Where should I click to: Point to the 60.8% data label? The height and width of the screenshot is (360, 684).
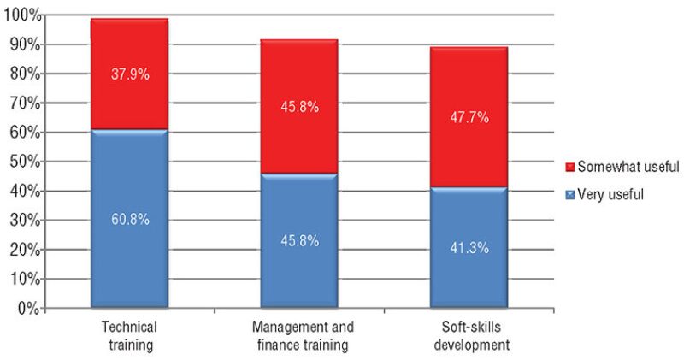130,220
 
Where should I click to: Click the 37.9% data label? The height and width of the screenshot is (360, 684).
130,74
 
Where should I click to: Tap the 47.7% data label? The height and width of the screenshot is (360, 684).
470,118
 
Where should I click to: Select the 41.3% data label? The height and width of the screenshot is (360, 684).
470,248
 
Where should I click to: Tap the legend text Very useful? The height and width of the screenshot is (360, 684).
610,194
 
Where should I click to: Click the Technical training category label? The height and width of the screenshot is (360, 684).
129,335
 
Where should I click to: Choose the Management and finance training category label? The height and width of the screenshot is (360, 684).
299,335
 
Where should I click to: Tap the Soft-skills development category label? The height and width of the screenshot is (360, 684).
469,335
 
